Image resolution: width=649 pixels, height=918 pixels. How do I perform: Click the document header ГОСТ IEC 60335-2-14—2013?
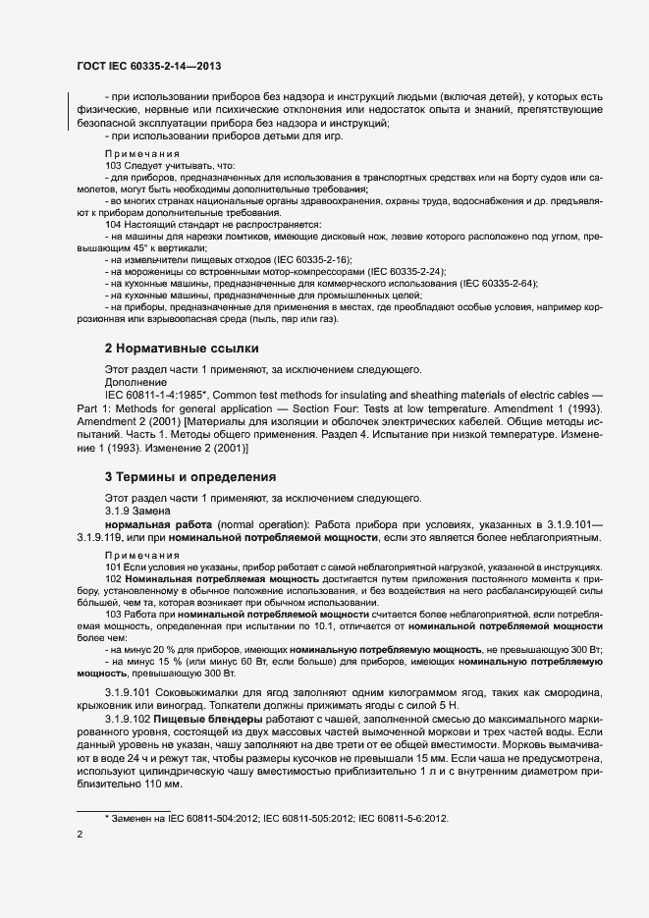[x=148, y=66]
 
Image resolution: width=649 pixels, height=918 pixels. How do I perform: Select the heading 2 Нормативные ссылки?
[x=182, y=348]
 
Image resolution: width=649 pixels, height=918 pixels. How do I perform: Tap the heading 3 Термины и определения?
[x=189, y=477]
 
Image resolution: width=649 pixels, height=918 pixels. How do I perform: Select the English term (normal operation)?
[x=264, y=525]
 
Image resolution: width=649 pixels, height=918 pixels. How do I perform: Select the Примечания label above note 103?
[x=142, y=154]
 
